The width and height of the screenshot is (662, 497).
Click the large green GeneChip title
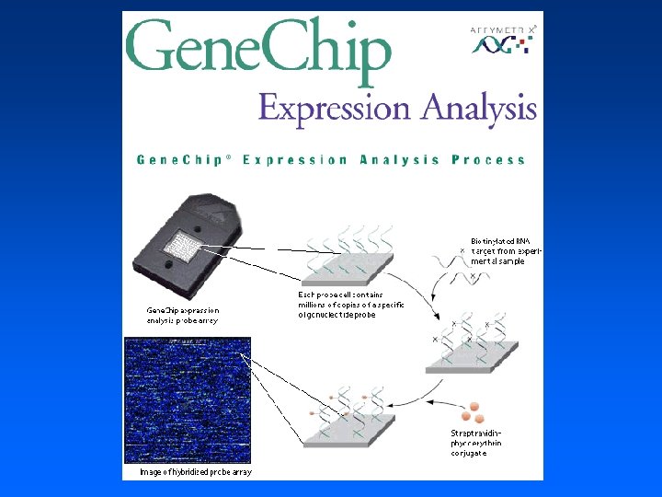258,49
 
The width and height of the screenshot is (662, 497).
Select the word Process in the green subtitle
488,160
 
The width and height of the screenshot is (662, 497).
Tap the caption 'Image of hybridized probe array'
196,472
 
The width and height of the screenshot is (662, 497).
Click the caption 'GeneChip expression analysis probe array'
183,316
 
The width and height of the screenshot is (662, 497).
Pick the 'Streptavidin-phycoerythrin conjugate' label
476,443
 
